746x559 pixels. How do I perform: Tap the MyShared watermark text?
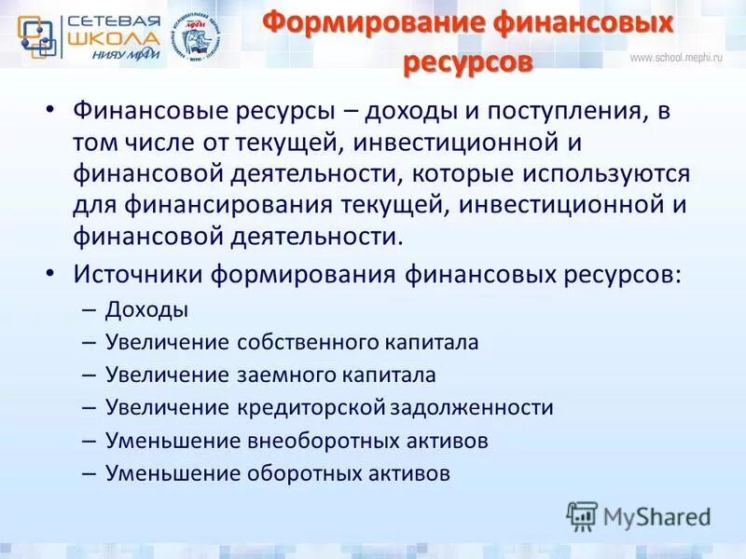(656, 515)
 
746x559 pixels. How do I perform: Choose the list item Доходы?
(146, 309)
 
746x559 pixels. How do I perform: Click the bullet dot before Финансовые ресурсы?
(50, 112)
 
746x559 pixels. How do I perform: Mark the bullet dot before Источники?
(50, 276)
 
